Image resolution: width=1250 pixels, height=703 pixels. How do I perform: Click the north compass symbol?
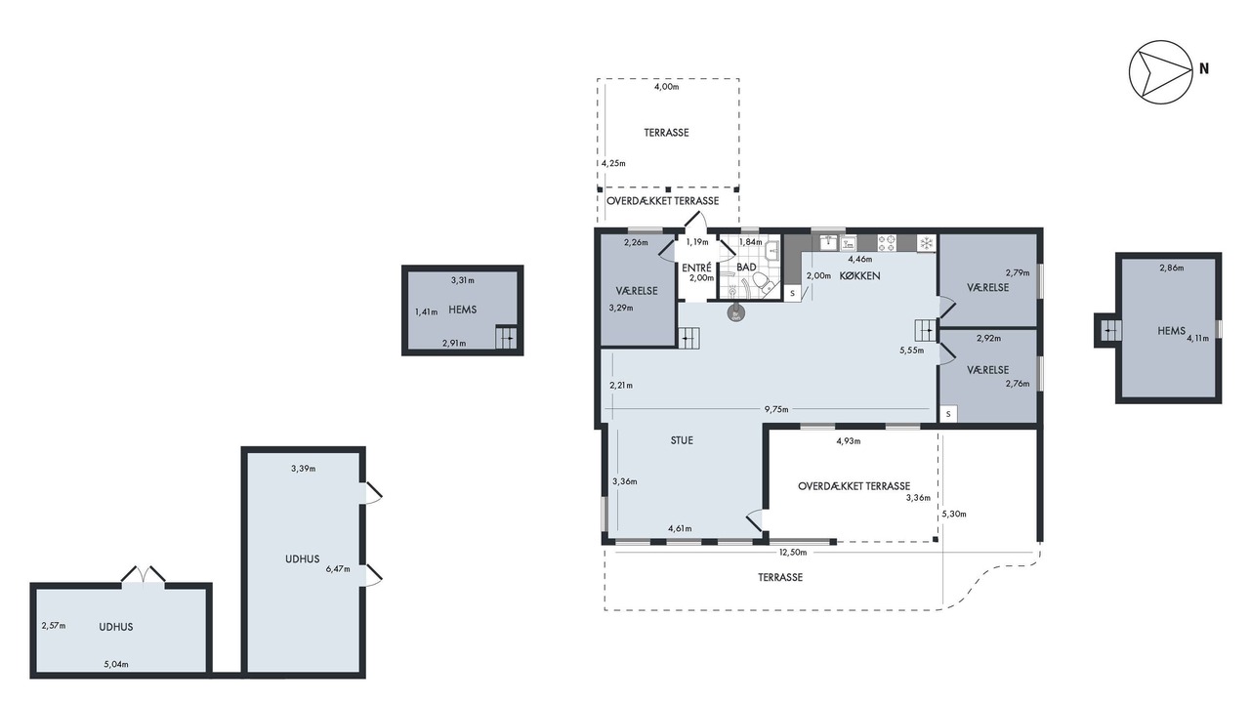[1161, 72]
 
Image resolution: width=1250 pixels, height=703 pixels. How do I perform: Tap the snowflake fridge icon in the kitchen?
[927, 243]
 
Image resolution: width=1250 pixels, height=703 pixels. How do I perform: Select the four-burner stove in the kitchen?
[887, 243]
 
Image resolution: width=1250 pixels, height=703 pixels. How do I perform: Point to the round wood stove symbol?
[735, 313]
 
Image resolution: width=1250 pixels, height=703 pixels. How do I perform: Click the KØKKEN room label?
[860, 275]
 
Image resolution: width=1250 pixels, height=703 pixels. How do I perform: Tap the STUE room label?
[682, 440]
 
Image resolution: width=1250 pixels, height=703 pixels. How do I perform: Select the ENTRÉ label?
[697, 268]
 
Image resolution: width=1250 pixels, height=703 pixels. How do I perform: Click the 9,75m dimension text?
[776, 409]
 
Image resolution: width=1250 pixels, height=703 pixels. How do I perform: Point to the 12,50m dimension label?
[793, 553]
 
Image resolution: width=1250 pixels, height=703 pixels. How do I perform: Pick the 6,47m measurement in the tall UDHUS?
[338, 569]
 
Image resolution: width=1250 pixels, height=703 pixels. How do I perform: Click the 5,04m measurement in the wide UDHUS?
[116, 664]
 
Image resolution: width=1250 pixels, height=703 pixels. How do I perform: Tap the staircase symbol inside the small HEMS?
[506, 337]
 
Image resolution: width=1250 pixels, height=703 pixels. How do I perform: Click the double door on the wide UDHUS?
[144, 576]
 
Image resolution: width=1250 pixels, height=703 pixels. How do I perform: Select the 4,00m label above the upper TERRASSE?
[666, 87]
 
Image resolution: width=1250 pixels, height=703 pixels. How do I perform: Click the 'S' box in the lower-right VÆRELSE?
[948, 414]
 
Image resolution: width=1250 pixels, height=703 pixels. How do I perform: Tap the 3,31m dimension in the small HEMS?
[463, 280]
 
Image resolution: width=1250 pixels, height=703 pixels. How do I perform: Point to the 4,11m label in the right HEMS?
[1197, 338]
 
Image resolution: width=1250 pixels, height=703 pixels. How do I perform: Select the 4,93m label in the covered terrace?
[849, 440]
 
